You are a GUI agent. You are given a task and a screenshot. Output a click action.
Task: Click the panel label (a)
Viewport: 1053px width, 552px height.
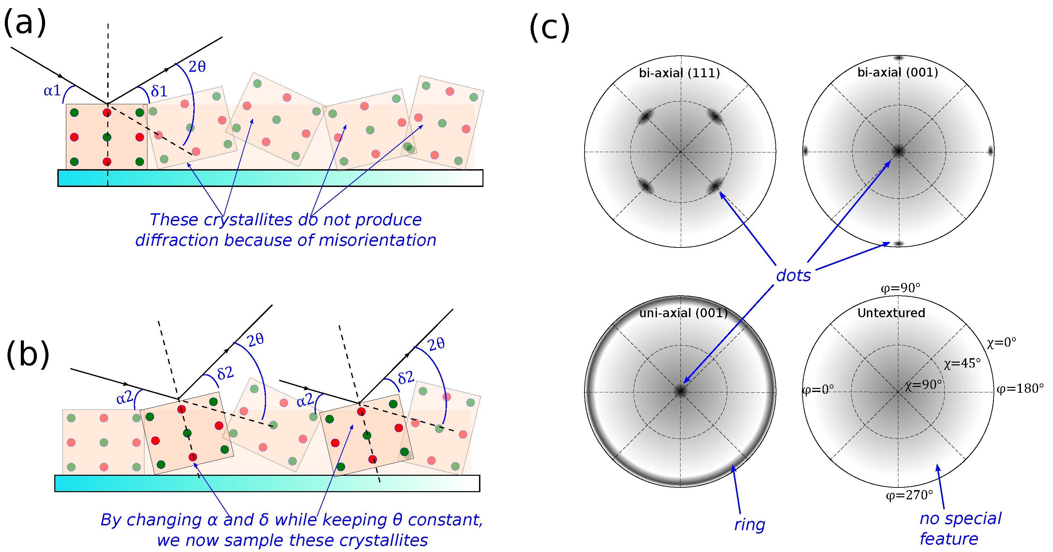coord(25,23)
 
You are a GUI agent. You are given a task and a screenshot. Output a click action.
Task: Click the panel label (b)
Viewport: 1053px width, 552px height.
coord(28,355)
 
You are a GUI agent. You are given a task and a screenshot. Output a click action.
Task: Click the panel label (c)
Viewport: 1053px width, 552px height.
coord(549,28)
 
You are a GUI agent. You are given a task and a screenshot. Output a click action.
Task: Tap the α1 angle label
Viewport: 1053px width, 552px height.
coord(52,91)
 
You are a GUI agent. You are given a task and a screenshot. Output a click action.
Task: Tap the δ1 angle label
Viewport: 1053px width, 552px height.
coord(159,91)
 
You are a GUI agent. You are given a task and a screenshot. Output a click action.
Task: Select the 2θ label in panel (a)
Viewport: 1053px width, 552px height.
coord(197,66)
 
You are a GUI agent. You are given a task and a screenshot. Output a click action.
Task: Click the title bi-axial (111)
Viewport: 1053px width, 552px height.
coord(679,73)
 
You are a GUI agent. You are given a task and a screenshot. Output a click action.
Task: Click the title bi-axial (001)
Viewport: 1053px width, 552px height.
coord(897,72)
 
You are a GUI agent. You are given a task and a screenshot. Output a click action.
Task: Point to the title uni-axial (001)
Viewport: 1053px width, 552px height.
coord(683,313)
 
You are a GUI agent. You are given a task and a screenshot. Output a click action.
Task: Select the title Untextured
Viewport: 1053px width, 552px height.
coord(891,313)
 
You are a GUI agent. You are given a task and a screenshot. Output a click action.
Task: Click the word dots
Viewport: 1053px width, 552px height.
coord(793,275)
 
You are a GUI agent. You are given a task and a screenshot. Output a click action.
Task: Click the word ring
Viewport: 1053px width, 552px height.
coord(749,525)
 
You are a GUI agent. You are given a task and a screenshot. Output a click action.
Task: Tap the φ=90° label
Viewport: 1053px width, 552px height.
coord(900,288)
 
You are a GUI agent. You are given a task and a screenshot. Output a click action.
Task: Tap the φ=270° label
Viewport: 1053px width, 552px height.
coord(909,496)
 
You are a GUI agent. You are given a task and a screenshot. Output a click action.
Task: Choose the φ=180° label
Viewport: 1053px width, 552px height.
coord(1020,388)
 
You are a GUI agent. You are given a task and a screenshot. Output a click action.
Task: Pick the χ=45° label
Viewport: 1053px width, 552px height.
coord(962,363)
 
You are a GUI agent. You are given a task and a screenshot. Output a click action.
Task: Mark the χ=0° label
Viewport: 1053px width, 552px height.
coord(1001,342)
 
